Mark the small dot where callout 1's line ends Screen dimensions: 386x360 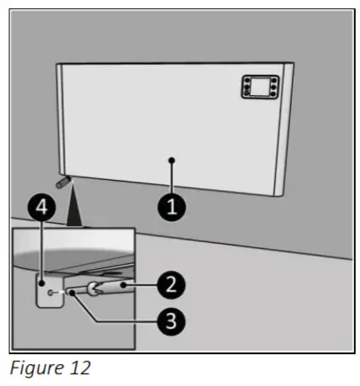(x=172, y=159)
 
